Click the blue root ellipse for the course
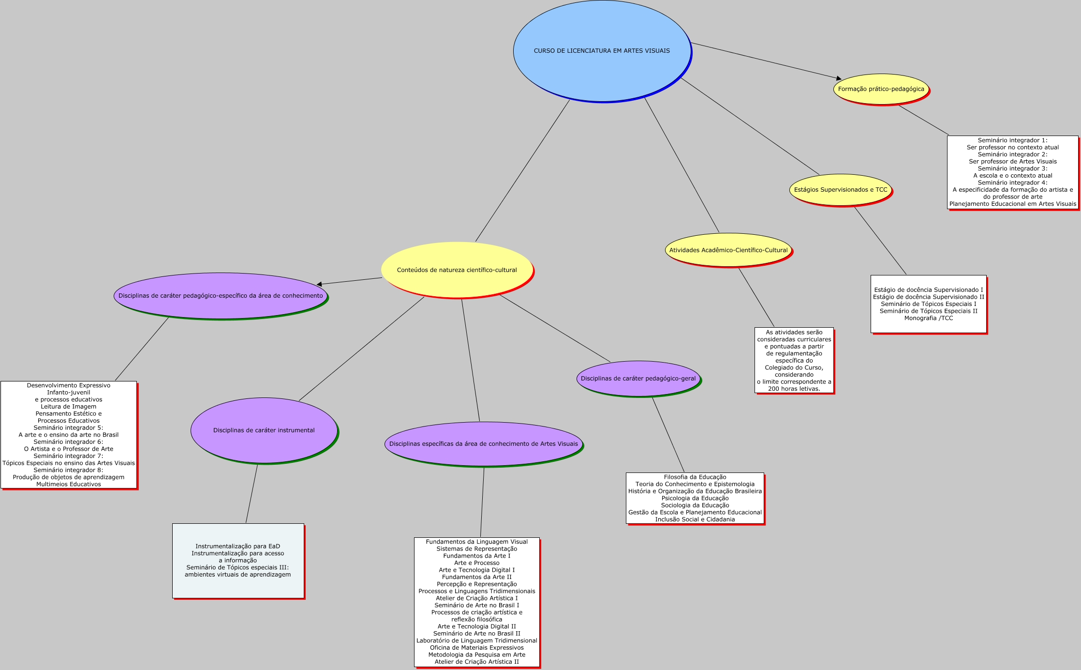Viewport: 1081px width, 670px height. tap(602, 51)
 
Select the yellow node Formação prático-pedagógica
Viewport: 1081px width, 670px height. tap(881, 89)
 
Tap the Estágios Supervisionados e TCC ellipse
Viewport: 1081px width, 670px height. tap(841, 190)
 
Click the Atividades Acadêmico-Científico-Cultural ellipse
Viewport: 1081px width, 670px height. tap(728, 250)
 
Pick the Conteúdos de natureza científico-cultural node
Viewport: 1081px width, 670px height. tap(457, 270)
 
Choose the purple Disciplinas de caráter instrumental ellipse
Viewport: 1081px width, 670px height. tap(264, 430)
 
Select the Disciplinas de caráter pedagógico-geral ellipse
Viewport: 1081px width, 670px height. tap(638, 379)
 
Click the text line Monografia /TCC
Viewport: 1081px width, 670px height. tap(928, 318)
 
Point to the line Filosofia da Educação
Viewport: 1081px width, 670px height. tap(695, 477)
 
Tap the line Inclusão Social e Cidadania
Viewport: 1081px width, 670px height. tap(695, 519)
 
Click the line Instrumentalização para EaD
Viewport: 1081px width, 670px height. tap(237, 547)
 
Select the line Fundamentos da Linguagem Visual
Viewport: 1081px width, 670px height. tap(476, 542)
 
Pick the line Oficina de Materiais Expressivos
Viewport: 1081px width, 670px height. tap(476, 648)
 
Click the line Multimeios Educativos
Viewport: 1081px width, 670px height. tap(69, 484)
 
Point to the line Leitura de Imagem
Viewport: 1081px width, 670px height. tap(69, 407)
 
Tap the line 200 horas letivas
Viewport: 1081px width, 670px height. tap(794, 389)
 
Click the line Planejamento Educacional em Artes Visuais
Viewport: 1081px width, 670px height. tap(1012, 204)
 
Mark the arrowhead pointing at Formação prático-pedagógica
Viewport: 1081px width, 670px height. tap(839, 78)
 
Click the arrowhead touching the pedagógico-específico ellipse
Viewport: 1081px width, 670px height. tap(319, 284)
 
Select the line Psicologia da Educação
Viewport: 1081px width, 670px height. tap(695, 498)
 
